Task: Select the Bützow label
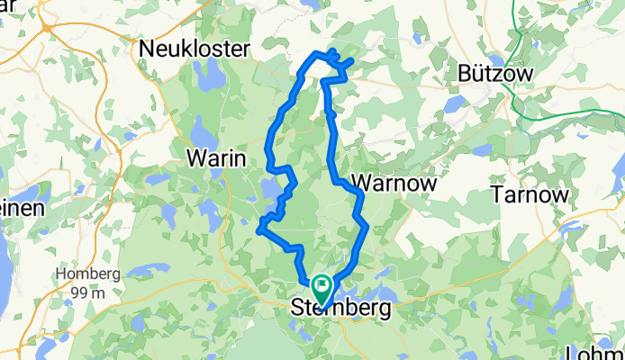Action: [496, 74]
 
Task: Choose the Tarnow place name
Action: [530, 194]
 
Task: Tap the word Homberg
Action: [87, 274]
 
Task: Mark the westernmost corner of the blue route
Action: [259, 230]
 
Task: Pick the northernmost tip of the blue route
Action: [333, 51]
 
